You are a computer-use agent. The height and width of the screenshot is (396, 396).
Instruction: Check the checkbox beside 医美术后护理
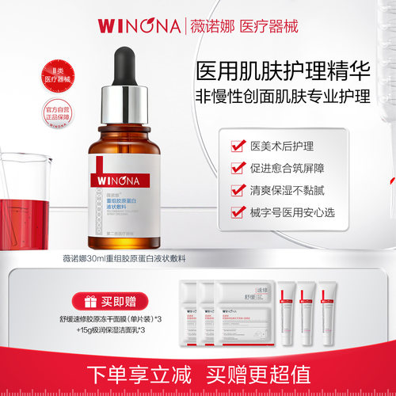tap(236, 146)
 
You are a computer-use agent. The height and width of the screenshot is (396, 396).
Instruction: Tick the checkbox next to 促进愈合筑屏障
tap(236, 168)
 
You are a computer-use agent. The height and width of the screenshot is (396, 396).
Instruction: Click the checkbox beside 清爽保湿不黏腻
tap(236, 190)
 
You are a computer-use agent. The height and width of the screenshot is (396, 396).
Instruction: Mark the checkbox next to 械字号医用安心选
tap(236, 212)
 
